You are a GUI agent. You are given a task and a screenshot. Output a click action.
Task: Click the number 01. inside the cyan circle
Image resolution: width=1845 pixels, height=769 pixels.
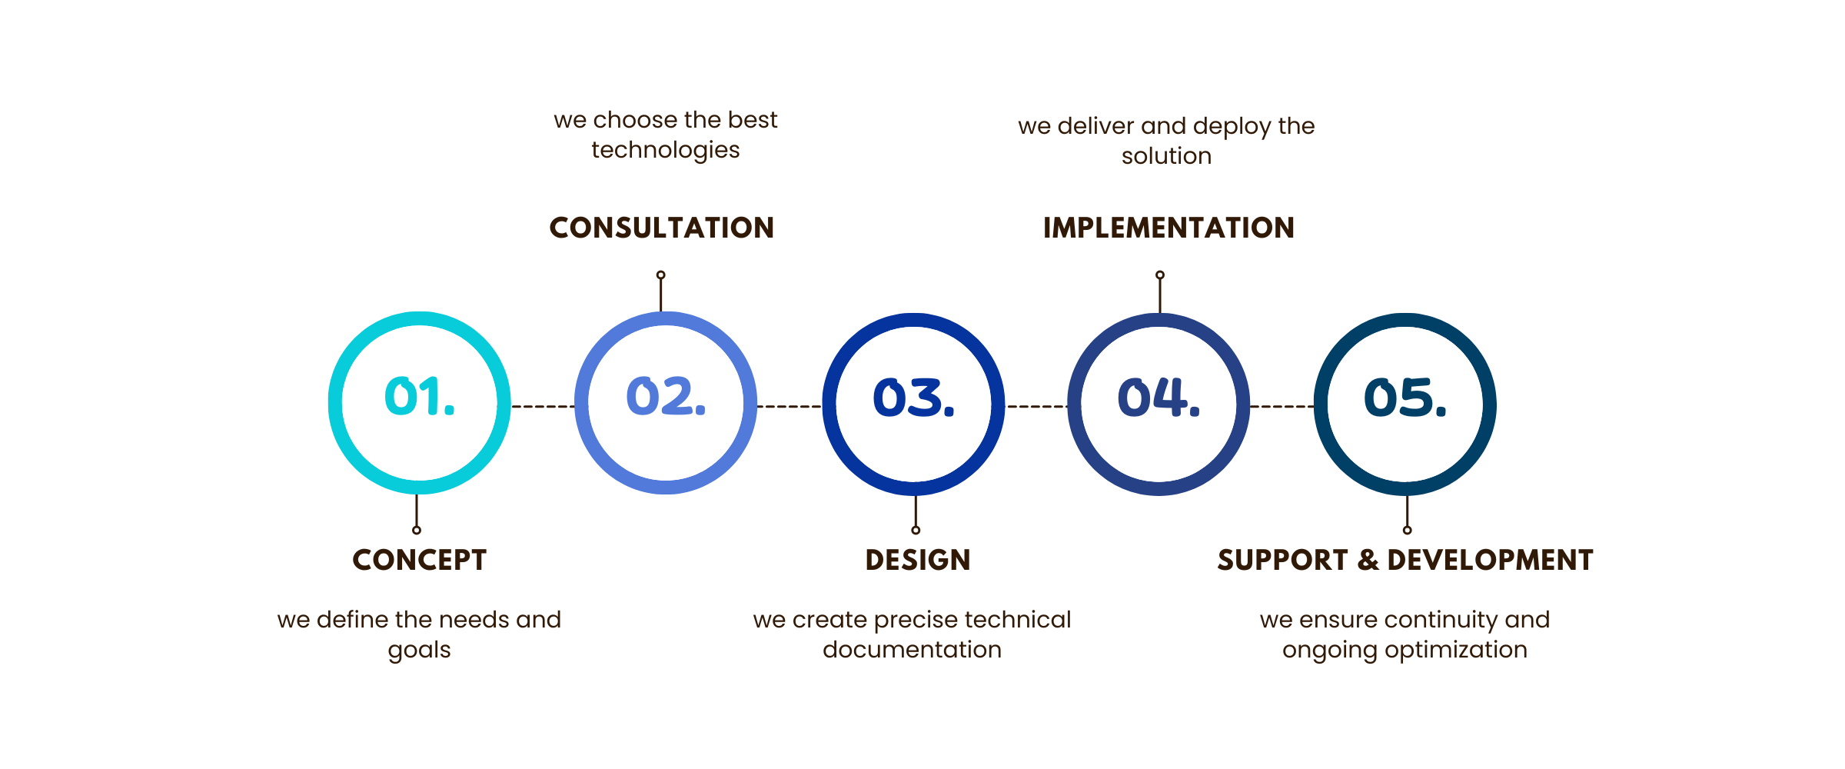pyautogui.click(x=420, y=397)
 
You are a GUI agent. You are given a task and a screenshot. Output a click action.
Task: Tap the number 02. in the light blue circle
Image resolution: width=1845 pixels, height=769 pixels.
pyautogui.click(x=666, y=397)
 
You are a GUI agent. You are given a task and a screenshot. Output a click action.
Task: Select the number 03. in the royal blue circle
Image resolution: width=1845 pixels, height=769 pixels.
pyautogui.click(x=913, y=398)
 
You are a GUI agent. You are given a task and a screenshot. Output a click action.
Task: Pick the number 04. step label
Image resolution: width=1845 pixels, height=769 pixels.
pyautogui.click(x=1159, y=398)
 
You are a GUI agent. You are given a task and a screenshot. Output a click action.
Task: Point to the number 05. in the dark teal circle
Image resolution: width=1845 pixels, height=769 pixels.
pyautogui.click(x=1405, y=398)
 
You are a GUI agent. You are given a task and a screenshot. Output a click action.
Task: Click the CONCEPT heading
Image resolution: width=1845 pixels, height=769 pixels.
pyautogui.click(x=420, y=560)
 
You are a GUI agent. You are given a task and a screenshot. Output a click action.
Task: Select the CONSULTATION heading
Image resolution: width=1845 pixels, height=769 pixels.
pyautogui.click(x=662, y=228)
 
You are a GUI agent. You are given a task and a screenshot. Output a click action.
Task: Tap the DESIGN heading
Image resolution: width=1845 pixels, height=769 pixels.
pyautogui.click(x=918, y=560)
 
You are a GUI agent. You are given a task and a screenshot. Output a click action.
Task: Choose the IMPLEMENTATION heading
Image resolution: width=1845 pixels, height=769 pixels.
pyautogui.click(x=1168, y=228)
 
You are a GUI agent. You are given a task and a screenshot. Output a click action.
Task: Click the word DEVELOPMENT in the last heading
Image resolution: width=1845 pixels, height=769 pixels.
pyautogui.click(x=1490, y=560)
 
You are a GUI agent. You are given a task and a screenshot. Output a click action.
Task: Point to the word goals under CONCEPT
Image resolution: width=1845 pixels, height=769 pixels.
pyautogui.click(x=420, y=651)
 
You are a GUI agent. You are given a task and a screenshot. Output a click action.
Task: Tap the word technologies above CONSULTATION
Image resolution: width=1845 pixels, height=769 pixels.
pyautogui.click(x=666, y=150)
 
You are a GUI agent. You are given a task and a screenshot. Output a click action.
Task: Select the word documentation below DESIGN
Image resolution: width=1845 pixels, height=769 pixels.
pyautogui.click(x=913, y=650)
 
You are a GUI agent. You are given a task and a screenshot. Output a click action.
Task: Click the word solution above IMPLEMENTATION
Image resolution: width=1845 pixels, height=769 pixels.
pyautogui.click(x=1167, y=156)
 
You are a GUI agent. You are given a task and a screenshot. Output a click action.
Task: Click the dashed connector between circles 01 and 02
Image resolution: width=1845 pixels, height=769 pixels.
pyautogui.click(x=543, y=406)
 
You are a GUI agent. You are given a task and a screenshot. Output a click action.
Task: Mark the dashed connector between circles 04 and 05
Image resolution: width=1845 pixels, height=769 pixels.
pyautogui.click(x=1282, y=406)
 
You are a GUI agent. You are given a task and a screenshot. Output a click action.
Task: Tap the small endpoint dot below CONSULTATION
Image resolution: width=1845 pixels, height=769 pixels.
pyautogui.click(x=661, y=275)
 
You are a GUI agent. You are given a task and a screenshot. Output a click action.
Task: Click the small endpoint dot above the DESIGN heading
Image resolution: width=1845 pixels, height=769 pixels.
pyautogui.click(x=916, y=530)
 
